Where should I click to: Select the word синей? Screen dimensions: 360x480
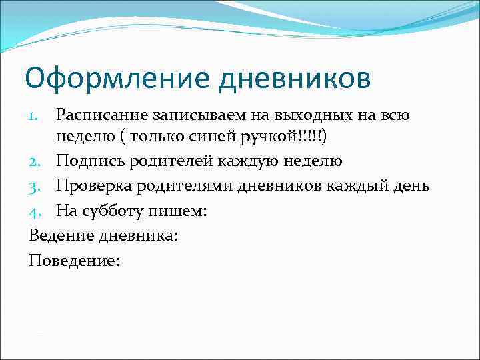pyautogui.click(x=207, y=139)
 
